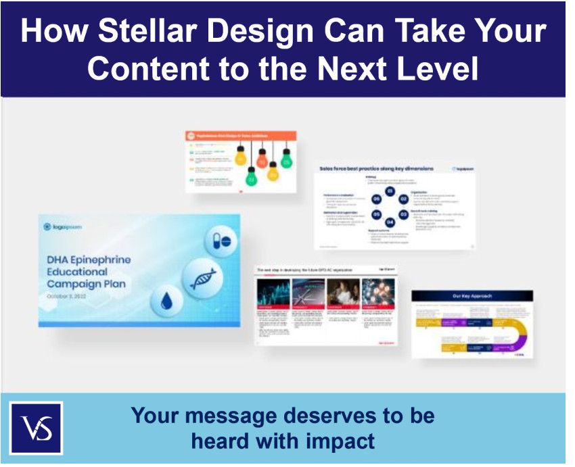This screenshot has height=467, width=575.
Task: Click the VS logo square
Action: (x=36, y=428)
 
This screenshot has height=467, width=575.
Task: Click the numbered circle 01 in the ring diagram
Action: (x=390, y=192)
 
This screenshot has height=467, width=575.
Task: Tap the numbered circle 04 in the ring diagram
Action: (x=390, y=221)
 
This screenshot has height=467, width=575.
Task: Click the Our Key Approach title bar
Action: (x=471, y=296)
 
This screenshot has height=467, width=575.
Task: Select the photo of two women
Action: (x=342, y=292)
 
